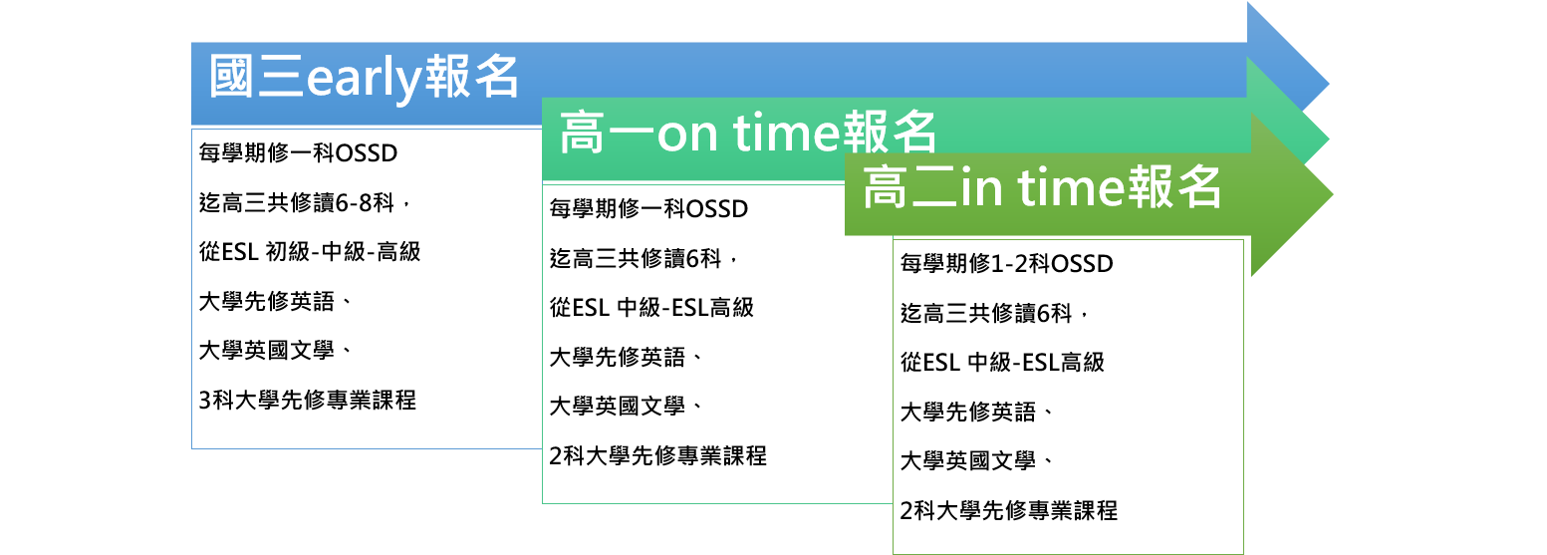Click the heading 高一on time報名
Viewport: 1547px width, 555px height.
point(748,132)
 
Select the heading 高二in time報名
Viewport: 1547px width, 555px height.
point(1042,186)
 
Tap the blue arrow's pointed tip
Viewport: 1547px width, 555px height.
point(1329,85)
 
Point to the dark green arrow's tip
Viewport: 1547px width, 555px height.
point(1332,195)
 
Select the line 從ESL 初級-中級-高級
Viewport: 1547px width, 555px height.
point(310,251)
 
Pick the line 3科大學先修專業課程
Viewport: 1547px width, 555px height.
point(308,401)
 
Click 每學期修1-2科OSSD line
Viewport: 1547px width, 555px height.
point(1006,263)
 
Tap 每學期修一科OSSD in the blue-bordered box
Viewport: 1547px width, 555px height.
point(298,152)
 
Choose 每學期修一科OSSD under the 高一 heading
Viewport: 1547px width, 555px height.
point(648,208)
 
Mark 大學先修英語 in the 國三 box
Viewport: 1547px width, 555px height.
point(275,301)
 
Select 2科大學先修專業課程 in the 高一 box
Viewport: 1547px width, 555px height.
point(657,456)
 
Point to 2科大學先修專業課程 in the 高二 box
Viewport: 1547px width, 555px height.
point(1008,511)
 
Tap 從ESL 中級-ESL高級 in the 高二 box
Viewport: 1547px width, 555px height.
point(1002,362)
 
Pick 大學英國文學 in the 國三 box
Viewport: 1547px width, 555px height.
point(275,351)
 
